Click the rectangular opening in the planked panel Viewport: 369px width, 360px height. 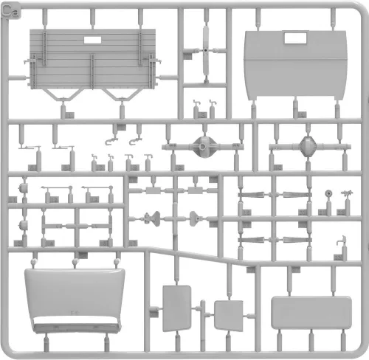[x=92, y=40]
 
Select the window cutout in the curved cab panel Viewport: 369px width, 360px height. [x=295, y=38]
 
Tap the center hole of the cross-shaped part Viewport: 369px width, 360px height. [x=206, y=51]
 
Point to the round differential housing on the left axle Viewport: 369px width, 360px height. [x=203, y=147]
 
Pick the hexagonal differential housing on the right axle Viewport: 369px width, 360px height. [x=308, y=147]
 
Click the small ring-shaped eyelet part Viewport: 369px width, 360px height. [x=328, y=193]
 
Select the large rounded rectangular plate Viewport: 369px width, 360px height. [x=311, y=313]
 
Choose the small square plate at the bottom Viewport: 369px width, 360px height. [x=229, y=316]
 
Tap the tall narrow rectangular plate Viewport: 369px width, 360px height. [x=176, y=308]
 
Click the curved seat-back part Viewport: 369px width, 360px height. [x=75, y=300]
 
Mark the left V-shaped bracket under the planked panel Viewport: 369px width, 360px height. [x=63, y=95]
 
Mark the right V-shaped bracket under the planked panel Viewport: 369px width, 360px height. [x=123, y=95]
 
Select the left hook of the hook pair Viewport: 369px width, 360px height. [x=111, y=142]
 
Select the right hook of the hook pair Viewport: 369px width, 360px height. [x=135, y=142]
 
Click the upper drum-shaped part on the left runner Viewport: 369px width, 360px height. [x=24, y=188]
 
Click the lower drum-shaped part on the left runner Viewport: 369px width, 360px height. [x=24, y=225]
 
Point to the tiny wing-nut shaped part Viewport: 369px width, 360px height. [x=347, y=193]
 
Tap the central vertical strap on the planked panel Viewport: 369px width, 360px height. [x=92, y=71]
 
